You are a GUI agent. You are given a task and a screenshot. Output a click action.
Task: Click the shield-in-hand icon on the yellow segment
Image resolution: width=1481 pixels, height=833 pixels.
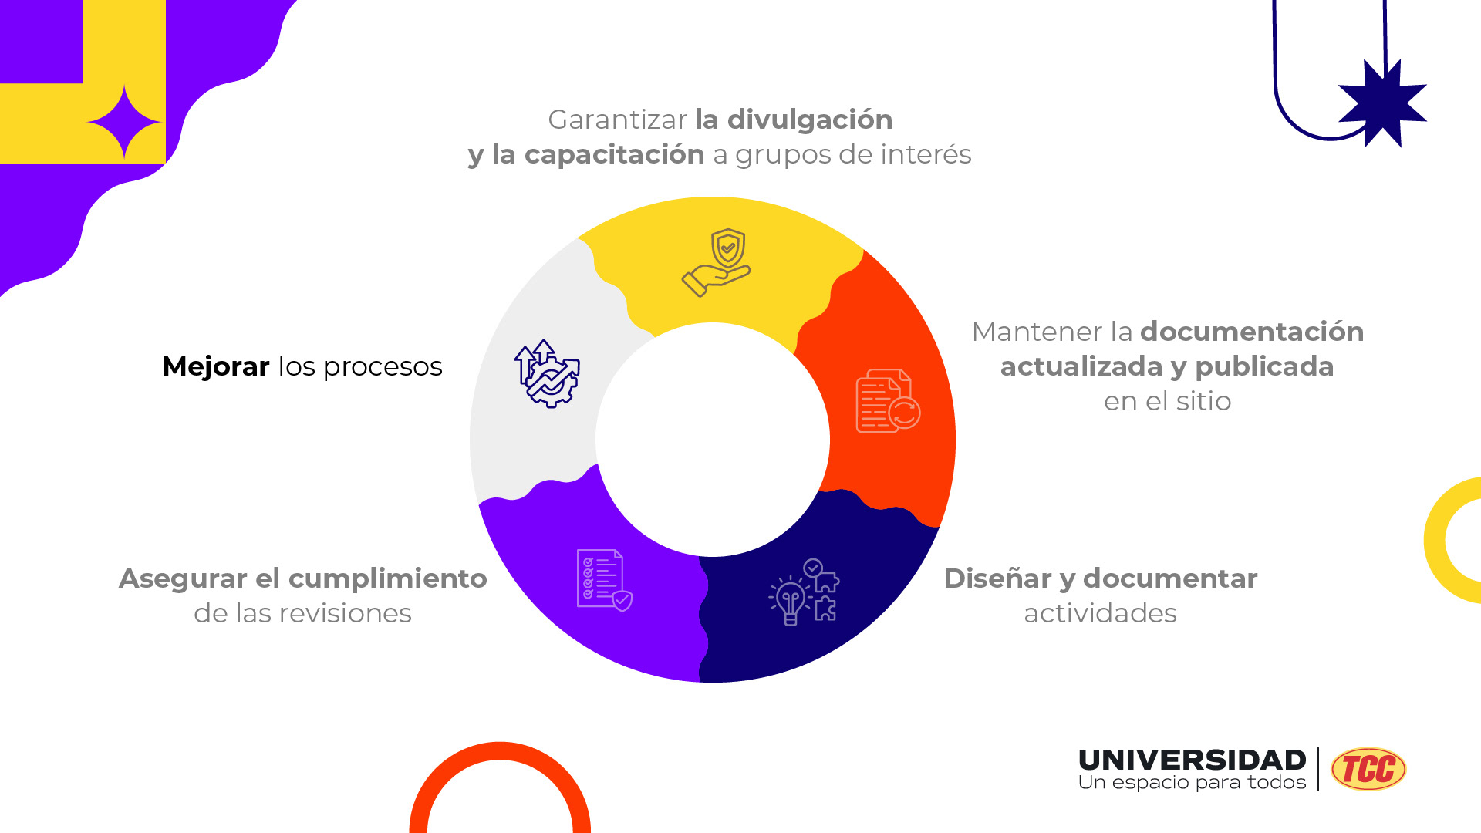717,262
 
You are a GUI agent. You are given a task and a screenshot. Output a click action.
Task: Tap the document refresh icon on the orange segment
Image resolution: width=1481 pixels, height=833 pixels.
887,401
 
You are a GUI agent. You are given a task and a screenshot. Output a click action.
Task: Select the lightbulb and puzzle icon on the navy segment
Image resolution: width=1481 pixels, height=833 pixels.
804,592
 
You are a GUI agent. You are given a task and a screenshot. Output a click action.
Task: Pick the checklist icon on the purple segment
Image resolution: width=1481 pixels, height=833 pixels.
604,580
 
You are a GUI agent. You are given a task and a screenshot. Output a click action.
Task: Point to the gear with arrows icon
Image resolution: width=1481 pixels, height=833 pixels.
547,373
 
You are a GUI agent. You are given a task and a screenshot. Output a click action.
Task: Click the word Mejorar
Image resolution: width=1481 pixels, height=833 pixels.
216,366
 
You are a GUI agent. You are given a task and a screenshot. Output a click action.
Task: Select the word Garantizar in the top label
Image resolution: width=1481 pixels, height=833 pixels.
617,120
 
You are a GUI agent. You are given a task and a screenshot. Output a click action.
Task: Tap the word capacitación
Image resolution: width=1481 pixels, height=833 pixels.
614,154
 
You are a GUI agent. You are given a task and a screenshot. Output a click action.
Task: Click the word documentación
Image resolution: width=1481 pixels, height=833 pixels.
1252,332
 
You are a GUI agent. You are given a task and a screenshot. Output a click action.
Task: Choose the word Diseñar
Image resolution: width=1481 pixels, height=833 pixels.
997,578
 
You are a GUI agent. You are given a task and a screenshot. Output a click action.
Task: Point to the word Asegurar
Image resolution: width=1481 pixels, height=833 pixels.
183,578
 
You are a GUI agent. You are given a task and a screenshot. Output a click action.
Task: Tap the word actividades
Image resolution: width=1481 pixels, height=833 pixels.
1100,613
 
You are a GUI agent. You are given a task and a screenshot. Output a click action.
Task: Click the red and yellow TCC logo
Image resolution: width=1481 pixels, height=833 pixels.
1368,769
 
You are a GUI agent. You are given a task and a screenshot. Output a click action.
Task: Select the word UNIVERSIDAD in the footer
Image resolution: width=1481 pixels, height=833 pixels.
1192,760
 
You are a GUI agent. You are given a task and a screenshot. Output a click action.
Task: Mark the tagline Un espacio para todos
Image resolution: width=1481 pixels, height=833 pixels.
1192,783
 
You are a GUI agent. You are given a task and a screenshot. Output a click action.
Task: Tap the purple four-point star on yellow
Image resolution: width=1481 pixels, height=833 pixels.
124,123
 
